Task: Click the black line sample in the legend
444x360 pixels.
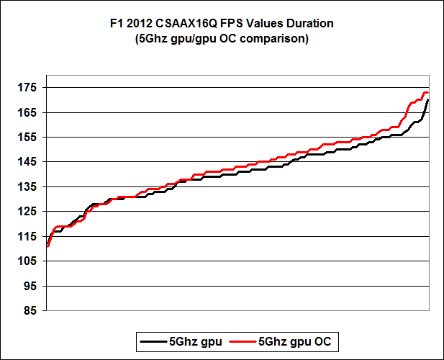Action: click(155, 339)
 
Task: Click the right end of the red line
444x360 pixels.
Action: click(428, 93)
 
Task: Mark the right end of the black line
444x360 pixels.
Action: click(428, 100)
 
